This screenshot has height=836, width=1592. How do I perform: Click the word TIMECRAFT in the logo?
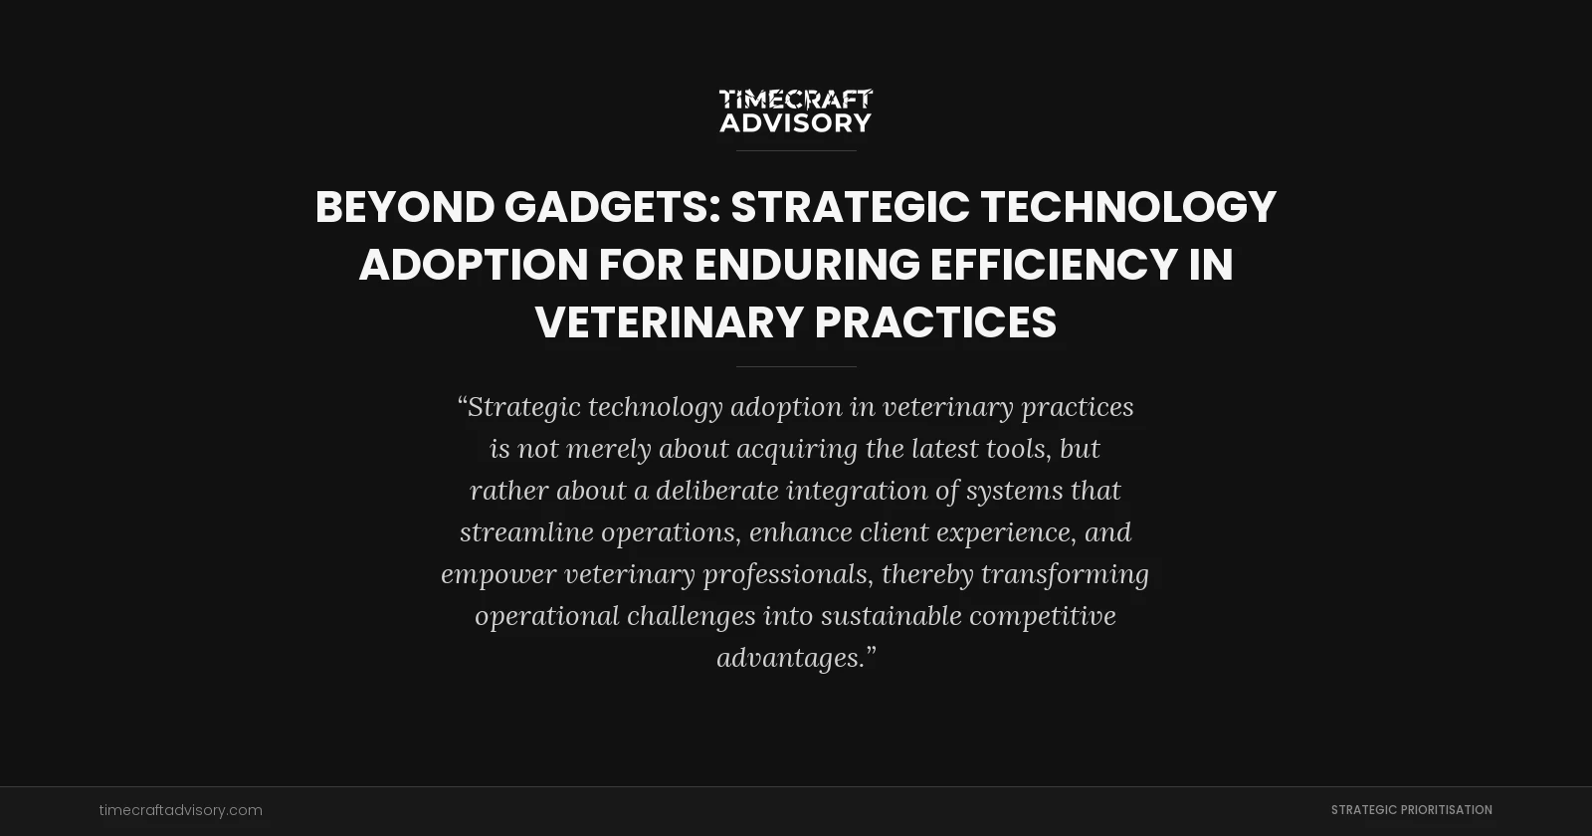795,100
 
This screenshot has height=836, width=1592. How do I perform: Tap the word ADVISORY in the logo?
795,122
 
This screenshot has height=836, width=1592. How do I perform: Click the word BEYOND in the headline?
405,207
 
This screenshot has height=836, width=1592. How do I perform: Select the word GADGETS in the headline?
606,207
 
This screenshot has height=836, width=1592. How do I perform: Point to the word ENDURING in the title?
807,265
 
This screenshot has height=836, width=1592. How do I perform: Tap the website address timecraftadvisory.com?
181,810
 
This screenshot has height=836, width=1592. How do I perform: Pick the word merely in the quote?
609,449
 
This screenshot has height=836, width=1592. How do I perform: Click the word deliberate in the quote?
716,491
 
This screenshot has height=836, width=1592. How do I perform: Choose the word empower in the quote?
498,574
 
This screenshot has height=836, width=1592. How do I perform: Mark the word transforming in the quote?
1065,574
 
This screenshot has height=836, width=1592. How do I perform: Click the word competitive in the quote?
1043,616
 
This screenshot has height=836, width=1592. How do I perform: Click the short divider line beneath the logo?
796,150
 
